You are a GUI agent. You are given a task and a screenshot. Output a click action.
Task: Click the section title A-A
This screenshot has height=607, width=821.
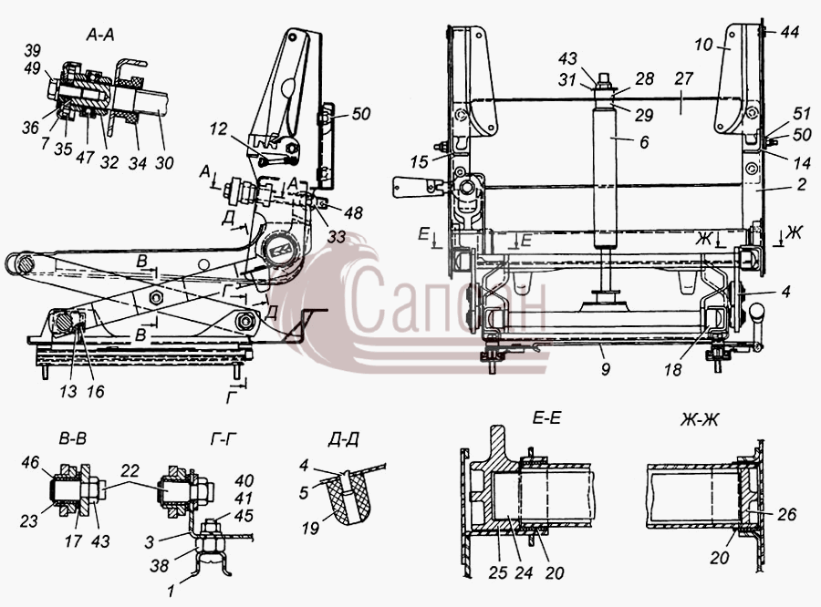coord(100,35)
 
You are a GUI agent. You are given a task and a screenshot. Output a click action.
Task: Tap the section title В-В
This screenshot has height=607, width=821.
coord(72,439)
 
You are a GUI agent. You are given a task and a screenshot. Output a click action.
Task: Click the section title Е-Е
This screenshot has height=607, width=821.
coord(546,418)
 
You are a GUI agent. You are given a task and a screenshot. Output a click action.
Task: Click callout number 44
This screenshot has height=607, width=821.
coord(790,33)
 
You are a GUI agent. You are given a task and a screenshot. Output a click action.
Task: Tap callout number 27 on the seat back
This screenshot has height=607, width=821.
coord(683,79)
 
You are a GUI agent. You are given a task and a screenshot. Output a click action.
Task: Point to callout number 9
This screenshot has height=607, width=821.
coord(606,369)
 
